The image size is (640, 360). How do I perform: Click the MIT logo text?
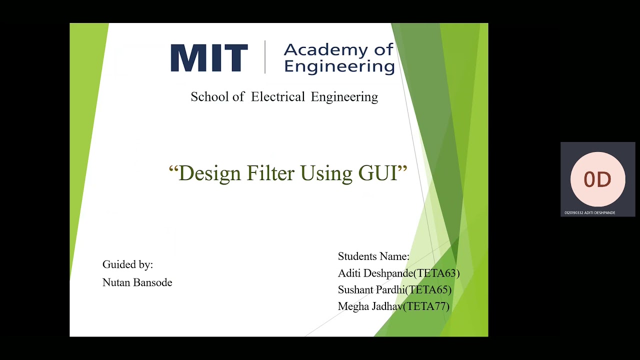[209, 58]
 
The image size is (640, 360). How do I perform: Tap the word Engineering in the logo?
[339, 66]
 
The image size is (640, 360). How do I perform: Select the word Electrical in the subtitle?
[278, 96]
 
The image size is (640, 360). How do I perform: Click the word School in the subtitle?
[209, 96]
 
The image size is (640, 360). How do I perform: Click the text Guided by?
[127, 264]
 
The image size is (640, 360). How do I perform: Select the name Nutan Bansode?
[137, 282]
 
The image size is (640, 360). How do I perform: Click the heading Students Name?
[373, 256]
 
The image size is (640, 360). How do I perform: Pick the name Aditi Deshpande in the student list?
[375, 273]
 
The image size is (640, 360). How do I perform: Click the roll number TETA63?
[436, 273]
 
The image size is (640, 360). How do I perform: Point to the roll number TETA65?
[429, 290]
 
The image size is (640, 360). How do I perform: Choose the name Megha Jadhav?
[370, 306]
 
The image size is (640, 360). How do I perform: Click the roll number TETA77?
[427, 306]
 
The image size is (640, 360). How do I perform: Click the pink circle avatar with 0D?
[597, 179]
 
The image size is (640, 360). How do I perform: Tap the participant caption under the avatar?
[590, 213]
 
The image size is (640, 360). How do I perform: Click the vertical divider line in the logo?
[264, 57]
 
